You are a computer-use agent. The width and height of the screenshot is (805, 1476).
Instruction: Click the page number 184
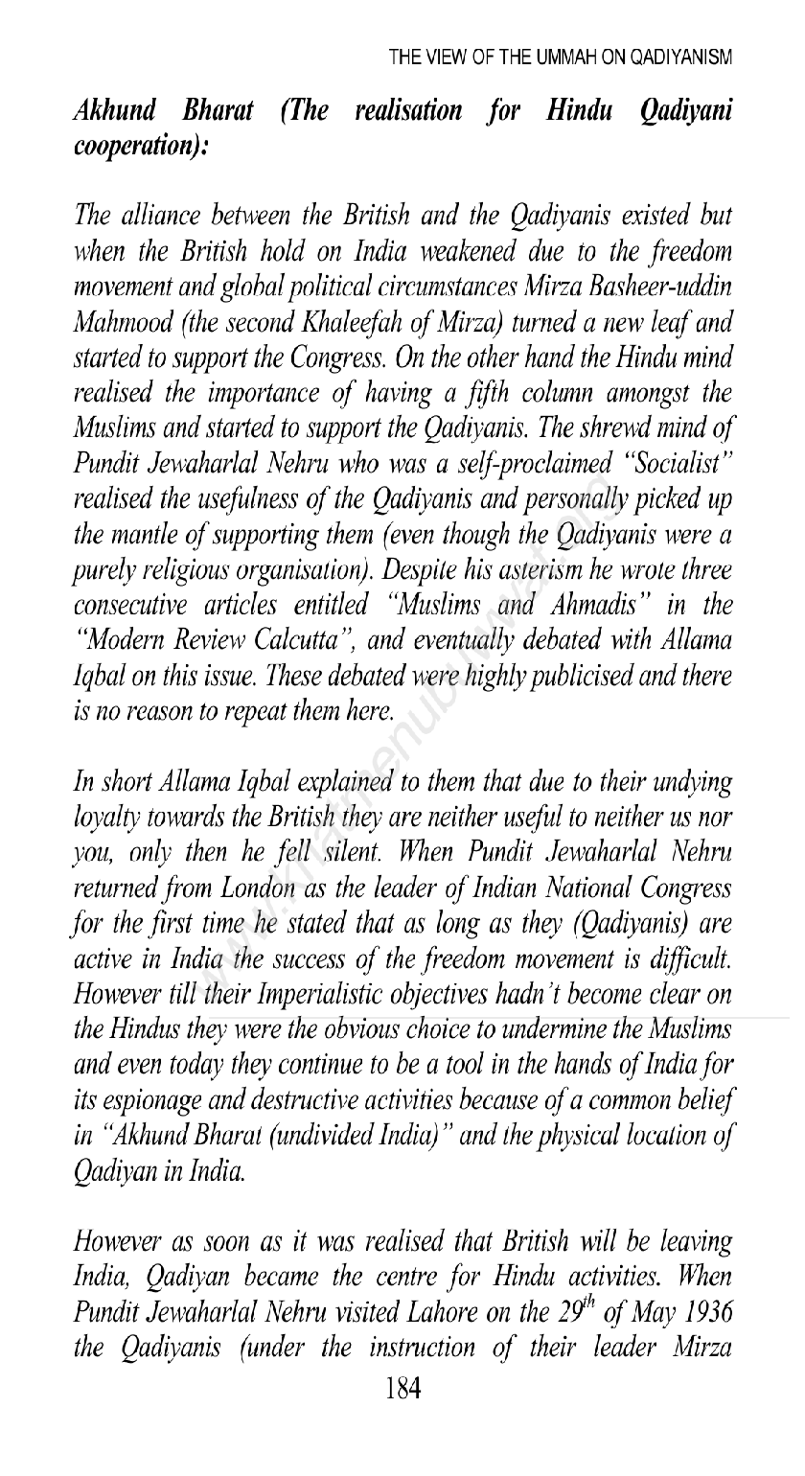click(x=402, y=1441)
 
